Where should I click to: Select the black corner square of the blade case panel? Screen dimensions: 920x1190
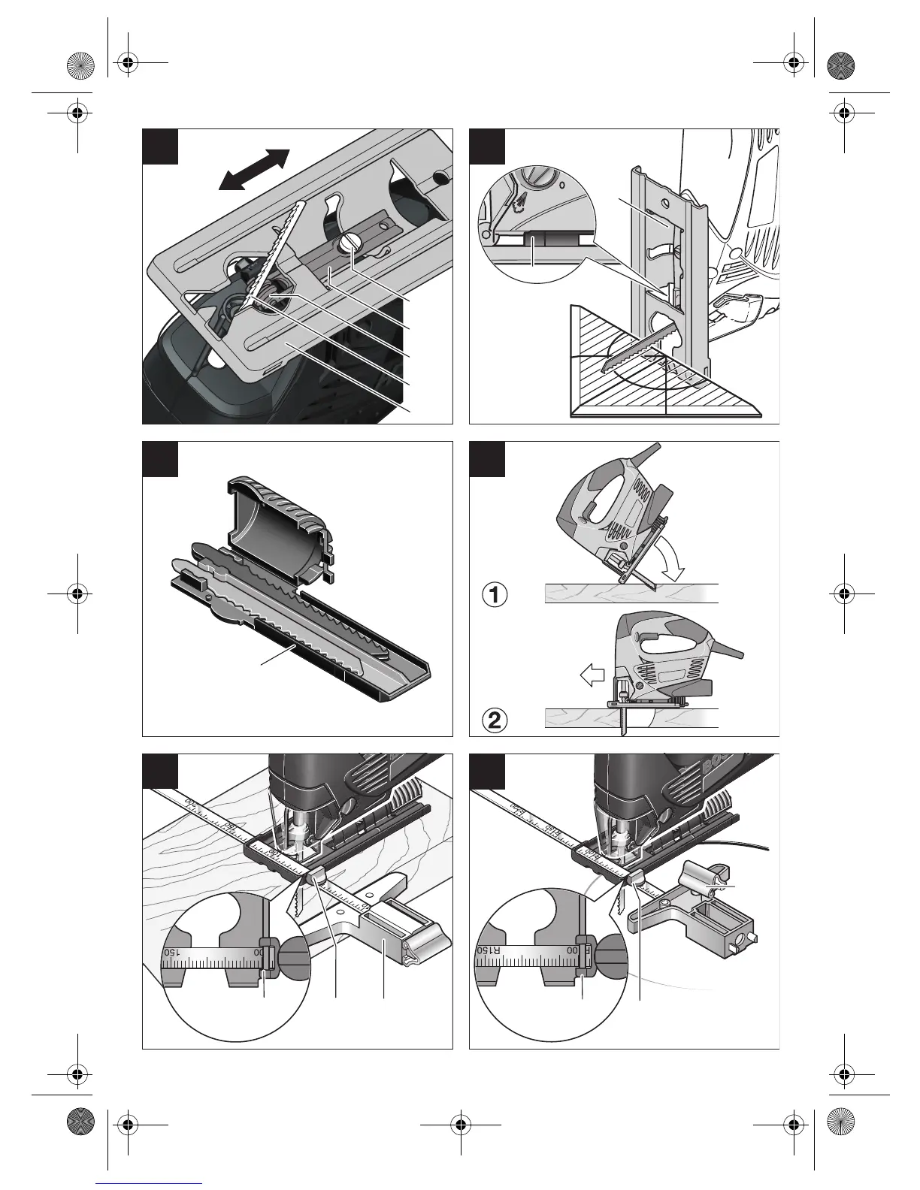point(160,459)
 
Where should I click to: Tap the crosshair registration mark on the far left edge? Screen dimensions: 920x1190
point(77,592)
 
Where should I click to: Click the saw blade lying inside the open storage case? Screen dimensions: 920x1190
point(301,609)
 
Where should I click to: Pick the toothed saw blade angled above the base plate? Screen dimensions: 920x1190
point(278,255)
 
